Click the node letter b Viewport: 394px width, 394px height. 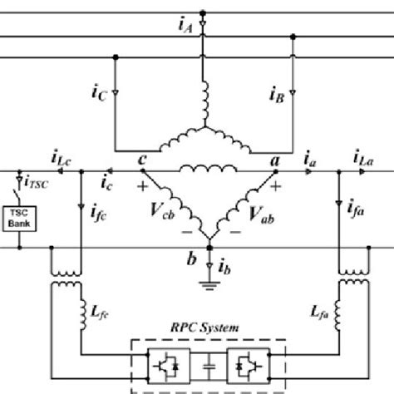193,259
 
